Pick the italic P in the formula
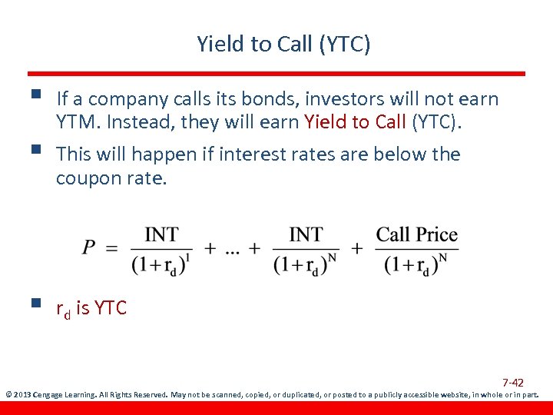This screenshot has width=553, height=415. pos(90,247)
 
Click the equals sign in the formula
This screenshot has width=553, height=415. pos(112,248)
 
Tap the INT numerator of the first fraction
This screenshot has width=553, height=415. pos(161,234)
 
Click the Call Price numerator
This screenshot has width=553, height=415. pos(416,234)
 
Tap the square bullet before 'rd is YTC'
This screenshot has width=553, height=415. pos(32,304)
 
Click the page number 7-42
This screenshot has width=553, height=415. pos(513,383)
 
